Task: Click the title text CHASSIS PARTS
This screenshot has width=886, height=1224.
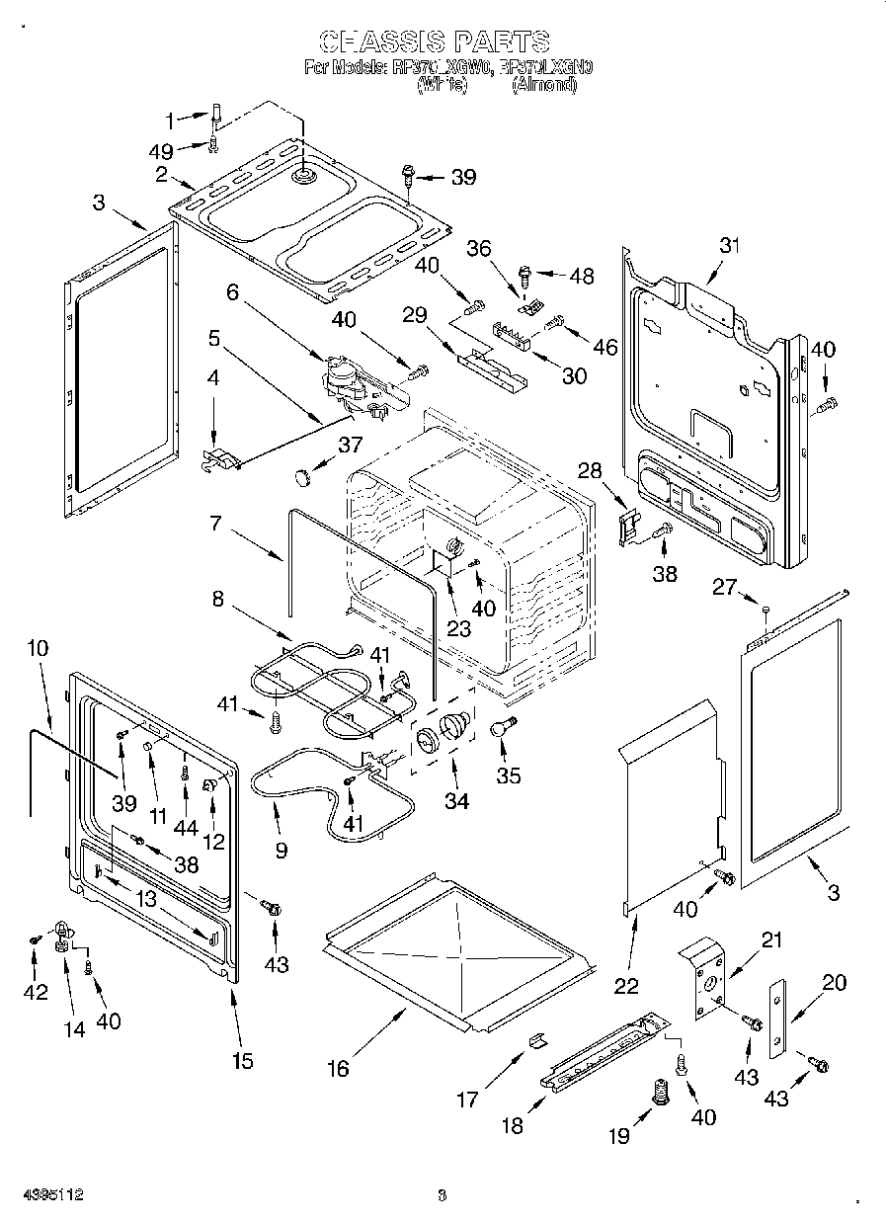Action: coord(436,41)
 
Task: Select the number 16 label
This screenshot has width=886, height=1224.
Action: coord(338,1068)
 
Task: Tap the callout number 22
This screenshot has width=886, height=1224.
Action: coord(626,985)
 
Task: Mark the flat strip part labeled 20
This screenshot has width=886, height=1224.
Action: coord(778,1019)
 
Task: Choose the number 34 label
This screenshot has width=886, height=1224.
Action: coord(456,801)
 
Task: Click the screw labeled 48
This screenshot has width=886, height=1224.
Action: coord(525,269)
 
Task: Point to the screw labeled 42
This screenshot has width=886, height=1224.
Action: coord(35,940)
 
